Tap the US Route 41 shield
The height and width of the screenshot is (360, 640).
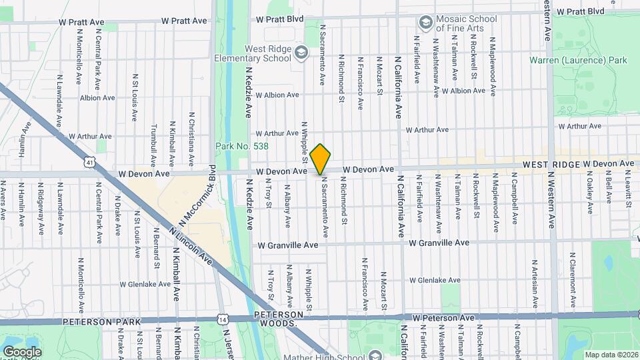click(x=90, y=161)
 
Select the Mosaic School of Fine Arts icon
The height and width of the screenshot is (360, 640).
click(x=425, y=23)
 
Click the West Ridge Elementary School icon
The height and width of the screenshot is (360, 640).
click(x=301, y=52)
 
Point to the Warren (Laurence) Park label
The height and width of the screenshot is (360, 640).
click(x=578, y=60)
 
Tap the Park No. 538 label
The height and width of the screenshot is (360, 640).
click(x=233, y=146)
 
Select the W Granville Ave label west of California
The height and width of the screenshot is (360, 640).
click(x=288, y=245)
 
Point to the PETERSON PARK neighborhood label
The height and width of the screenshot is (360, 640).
click(x=102, y=321)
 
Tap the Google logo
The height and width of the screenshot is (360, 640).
click(x=22, y=351)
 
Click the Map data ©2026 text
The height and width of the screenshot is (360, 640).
click(x=610, y=355)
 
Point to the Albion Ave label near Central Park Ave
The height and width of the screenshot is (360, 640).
click(x=97, y=97)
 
